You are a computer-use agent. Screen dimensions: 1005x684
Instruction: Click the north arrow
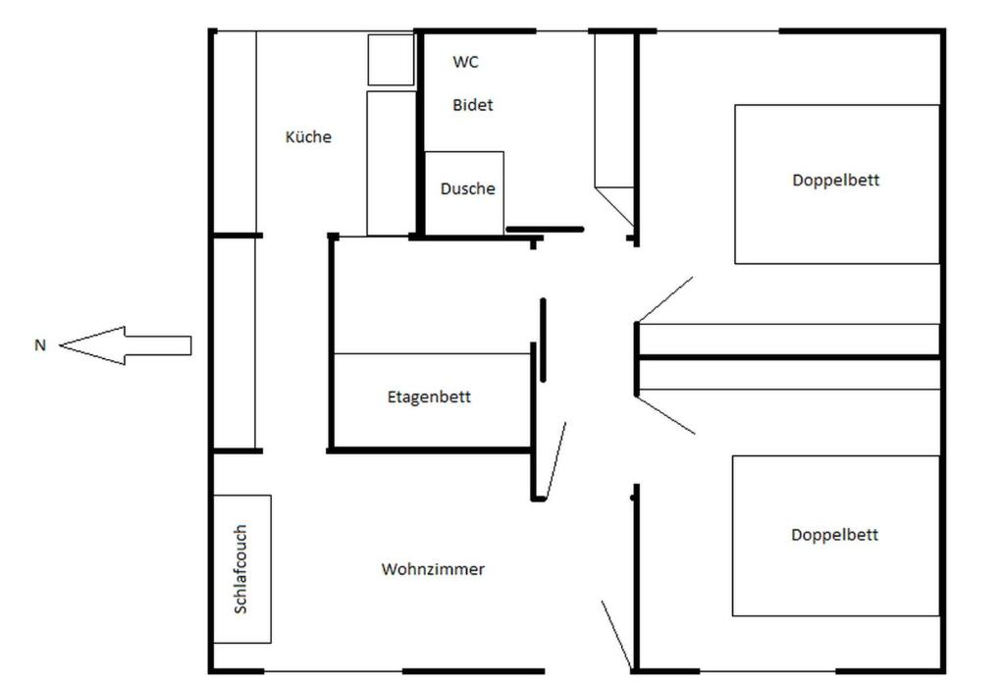tap(126, 345)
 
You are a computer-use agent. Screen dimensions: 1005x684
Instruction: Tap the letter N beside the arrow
tap(40, 345)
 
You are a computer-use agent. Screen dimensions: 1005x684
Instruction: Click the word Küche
tap(308, 136)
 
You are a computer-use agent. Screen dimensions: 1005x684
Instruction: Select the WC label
tap(465, 62)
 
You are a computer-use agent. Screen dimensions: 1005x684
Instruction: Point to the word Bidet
tap(472, 105)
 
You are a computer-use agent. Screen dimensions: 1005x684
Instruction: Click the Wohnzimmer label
tap(433, 569)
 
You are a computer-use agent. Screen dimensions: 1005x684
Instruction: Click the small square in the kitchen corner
tap(391, 60)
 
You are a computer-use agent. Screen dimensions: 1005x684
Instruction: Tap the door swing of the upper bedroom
tap(664, 299)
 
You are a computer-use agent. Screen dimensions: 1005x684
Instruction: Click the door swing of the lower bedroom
tap(666, 415)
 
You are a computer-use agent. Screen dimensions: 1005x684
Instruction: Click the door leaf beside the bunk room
tap(555, 459)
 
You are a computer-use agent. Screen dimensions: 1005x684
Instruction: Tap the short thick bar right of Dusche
tap(545, 229)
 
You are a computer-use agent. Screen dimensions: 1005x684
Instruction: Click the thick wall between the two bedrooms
tap(789, 357)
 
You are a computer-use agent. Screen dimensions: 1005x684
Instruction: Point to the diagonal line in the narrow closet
tap(614, 206)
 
